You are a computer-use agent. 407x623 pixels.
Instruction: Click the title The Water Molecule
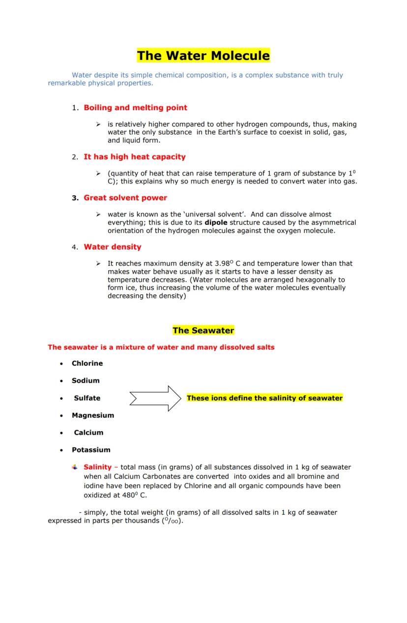click(203, 56)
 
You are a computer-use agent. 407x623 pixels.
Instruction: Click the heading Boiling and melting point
click(135, 108)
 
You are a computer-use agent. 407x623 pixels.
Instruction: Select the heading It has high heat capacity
click(134, 157)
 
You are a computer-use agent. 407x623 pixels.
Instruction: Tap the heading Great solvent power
click(125, 198)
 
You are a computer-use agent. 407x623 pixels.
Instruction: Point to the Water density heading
click(112, 247)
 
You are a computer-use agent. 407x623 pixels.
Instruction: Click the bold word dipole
click(216, 222)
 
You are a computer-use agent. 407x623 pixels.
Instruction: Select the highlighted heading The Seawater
click(203, 331)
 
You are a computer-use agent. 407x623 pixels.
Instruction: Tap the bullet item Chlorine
click(87, 364)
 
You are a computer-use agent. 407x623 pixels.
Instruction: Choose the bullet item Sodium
click(86, 381)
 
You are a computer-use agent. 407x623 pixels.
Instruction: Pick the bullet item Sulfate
click(87, 398)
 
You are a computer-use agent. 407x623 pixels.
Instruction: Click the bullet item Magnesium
click(92, 415)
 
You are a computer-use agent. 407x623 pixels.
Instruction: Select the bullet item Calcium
click(88, 433)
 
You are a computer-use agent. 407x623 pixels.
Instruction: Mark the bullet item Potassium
click(91, 450)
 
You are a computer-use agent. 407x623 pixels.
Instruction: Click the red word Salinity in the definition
click(97, 467)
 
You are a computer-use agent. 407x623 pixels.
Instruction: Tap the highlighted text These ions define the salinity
click(264, 398)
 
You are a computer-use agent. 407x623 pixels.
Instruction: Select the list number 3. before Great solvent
click(75, 198)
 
